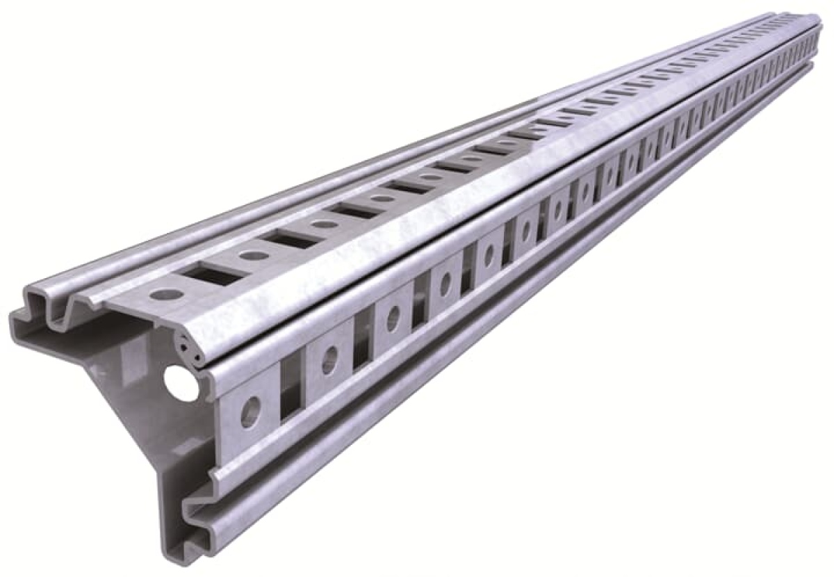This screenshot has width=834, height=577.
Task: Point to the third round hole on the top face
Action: [x=324, y=224]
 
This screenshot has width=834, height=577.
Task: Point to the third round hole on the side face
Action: [x=393, y=318]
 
